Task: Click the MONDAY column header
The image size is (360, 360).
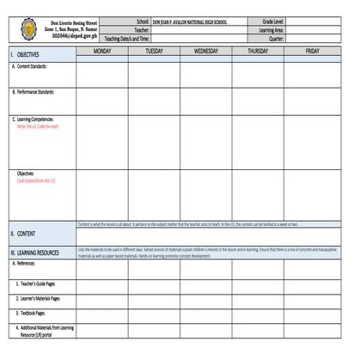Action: [x=101, y=52]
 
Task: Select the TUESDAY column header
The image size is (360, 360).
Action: [x=154, y=52]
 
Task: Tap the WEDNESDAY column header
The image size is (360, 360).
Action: [x=205, y=52]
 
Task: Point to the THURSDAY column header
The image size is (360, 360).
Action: [x=257, y=52]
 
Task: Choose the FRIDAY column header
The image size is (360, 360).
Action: [x=313, y=52]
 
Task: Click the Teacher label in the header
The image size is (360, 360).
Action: [x=142, y=29]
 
